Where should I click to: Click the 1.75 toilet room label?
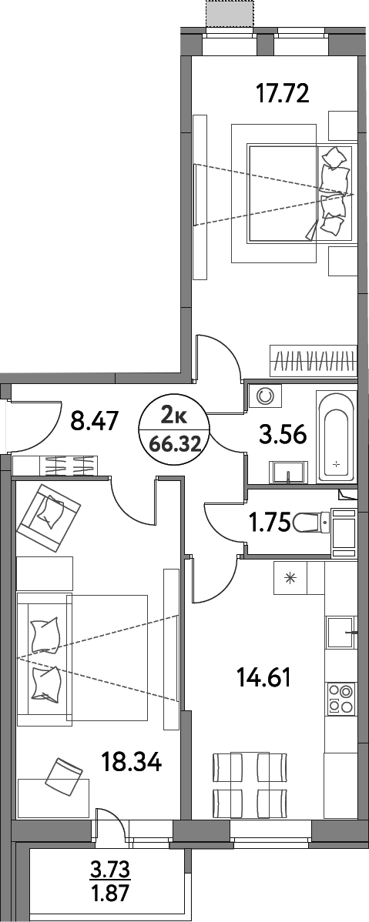[269, 523]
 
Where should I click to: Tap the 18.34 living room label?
[132, 763]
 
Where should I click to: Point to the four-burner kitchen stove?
[339, 697]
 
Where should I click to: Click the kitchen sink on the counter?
[339, 633]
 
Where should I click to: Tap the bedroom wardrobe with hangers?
[313, 359]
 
